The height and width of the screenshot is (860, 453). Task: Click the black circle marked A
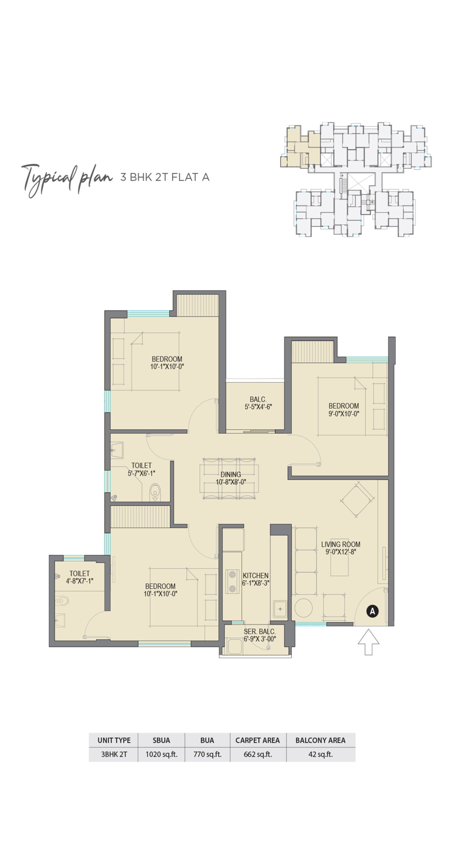(372, 611)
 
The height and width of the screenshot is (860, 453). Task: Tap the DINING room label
(231, 478)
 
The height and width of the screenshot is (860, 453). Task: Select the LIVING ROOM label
(341, 548)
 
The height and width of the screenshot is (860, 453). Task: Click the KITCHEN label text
(256, 579)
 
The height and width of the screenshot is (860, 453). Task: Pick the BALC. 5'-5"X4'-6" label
(258, 403)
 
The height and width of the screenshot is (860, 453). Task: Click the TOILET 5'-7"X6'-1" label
(141, 469)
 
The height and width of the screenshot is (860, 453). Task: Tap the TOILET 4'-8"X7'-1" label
(80, 577)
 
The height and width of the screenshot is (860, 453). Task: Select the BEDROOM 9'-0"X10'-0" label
(344, 410)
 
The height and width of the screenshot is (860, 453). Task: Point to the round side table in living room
(304, 607)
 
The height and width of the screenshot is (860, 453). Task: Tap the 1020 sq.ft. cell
(161, 754)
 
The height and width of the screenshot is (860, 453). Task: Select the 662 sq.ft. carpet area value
(258, 754)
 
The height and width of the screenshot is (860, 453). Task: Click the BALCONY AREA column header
(320, 740)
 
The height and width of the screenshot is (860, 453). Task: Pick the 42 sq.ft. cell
(320, 754)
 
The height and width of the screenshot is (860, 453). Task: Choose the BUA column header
(207, 740)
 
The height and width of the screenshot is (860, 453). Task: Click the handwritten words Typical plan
(66, 179)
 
